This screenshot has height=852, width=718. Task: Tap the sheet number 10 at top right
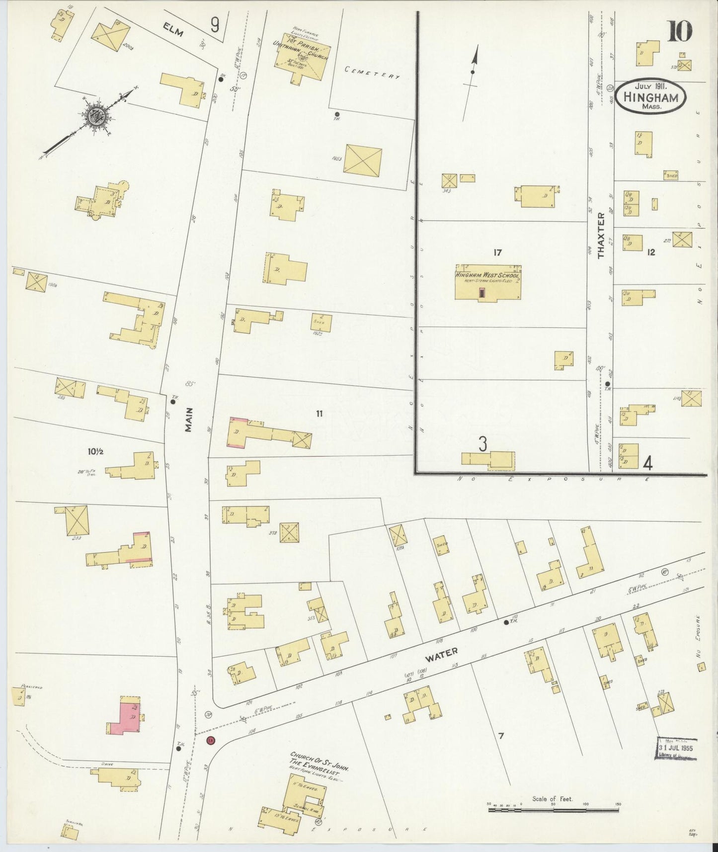[x=679, y=31]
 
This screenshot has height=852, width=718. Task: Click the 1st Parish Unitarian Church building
[x=303, y=57]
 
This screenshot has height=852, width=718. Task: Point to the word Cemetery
[x=372, y=73]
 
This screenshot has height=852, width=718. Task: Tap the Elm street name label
[x=173, y=31]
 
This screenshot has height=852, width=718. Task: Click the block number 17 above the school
[x=497, y=253]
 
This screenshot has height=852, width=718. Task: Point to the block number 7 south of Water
[x=501, y=736]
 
